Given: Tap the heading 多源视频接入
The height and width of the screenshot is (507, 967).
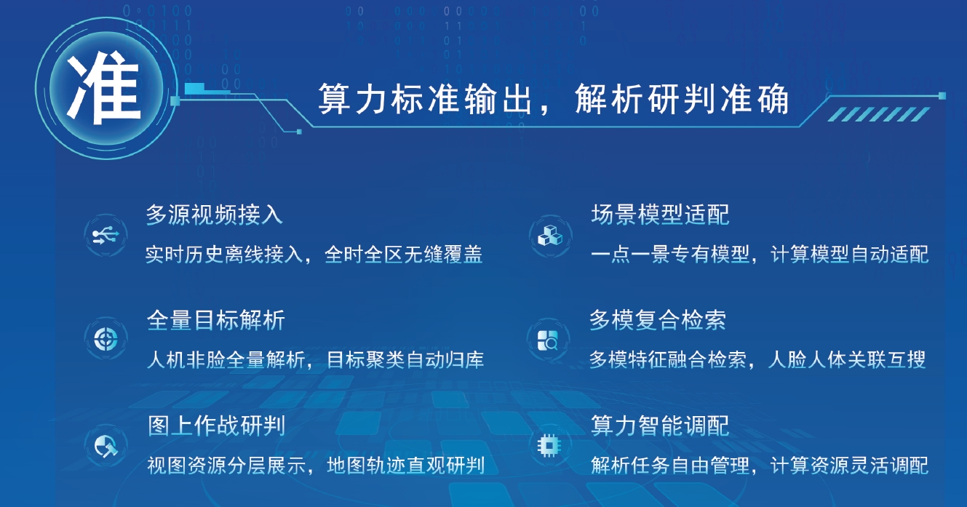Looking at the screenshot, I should point(214,215).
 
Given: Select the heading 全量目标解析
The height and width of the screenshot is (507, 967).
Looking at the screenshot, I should point(215,320).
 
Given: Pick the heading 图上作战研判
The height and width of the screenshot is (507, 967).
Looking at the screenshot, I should point(216,426).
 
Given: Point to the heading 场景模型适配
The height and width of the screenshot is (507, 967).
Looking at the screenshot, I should point(660,215).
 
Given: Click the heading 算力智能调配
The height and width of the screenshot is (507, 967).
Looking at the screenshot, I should point(660,426).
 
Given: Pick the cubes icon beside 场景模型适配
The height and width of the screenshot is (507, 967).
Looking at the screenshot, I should point(549,235).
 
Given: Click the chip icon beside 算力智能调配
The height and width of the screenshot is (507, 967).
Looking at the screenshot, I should point(549,444).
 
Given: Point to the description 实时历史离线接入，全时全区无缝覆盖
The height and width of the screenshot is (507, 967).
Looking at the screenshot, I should point(314,255).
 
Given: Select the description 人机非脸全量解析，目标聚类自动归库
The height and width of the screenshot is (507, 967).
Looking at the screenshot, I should point(315,360).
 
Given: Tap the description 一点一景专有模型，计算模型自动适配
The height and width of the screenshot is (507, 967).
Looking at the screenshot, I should point(760,255).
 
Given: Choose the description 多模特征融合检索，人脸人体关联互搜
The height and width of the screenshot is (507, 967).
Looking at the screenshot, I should point(757,360).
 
